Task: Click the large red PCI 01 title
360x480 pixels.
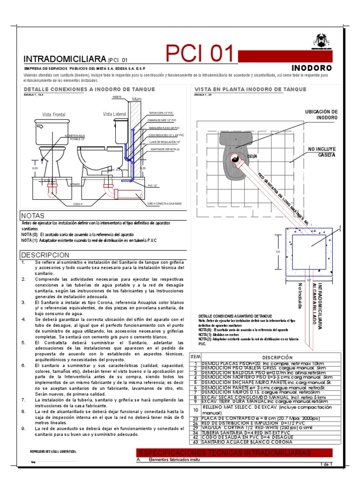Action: tap(200, 54)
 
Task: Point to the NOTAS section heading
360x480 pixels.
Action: tap(32, 216)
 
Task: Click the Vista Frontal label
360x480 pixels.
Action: tap(53, 114)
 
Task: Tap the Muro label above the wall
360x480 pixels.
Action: tap(137, 99)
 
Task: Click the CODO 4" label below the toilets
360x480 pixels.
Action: tap(78, 204)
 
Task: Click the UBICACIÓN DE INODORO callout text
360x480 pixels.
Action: tap(321, 114)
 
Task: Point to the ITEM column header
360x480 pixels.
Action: tap(195, 357)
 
